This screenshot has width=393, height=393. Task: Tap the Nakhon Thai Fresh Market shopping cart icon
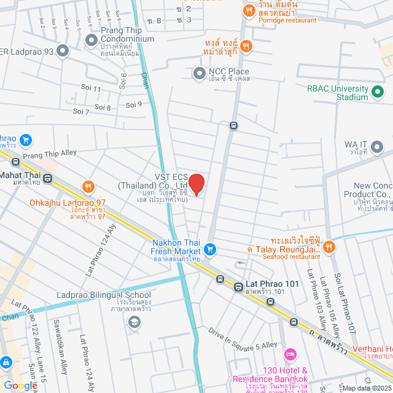210,249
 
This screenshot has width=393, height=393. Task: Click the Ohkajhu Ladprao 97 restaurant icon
88,187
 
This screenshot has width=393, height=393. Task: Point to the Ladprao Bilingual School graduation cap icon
133,322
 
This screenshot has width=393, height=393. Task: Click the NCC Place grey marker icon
199,74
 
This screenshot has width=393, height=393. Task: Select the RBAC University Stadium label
338,92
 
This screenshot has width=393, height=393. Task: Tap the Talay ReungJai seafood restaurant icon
329,247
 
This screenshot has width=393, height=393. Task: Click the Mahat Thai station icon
48,178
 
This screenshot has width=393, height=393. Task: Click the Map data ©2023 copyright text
366,388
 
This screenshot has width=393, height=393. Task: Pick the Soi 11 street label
91,89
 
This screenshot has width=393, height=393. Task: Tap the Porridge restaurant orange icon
249,10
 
